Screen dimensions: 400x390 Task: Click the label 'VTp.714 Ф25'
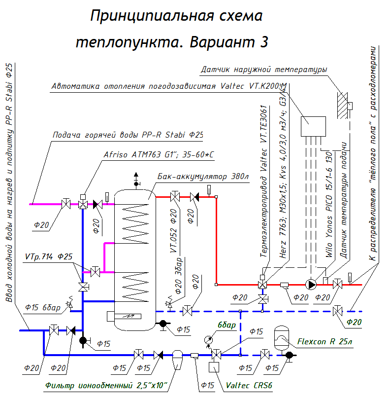point(49,257)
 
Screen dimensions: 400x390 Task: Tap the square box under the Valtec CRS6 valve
point(215,368)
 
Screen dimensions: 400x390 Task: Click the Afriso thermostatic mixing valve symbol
point(83,203)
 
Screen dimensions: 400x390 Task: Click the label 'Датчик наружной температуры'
point(264,70)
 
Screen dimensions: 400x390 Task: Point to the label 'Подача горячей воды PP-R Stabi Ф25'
point(128,135)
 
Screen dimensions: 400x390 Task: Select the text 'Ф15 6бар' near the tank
point(43,308)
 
